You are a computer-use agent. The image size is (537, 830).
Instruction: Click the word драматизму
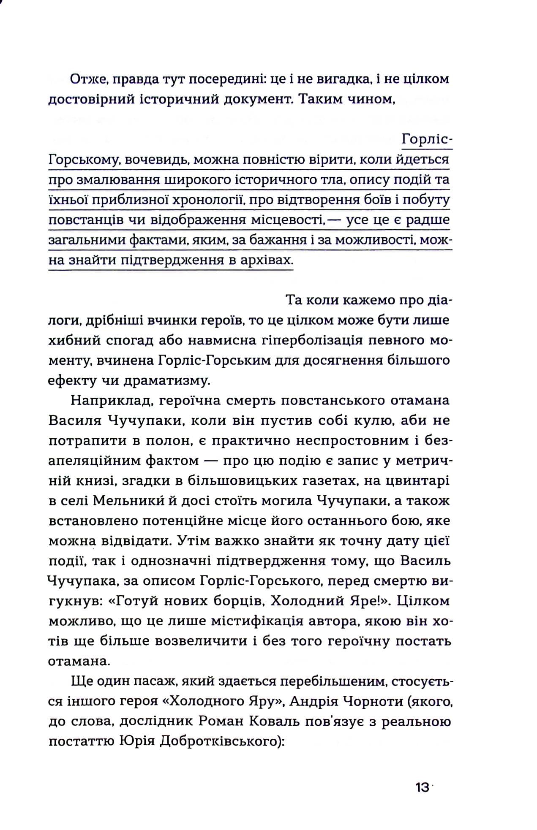coord(166,380)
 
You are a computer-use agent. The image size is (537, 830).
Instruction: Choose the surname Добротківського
coord(218,741)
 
